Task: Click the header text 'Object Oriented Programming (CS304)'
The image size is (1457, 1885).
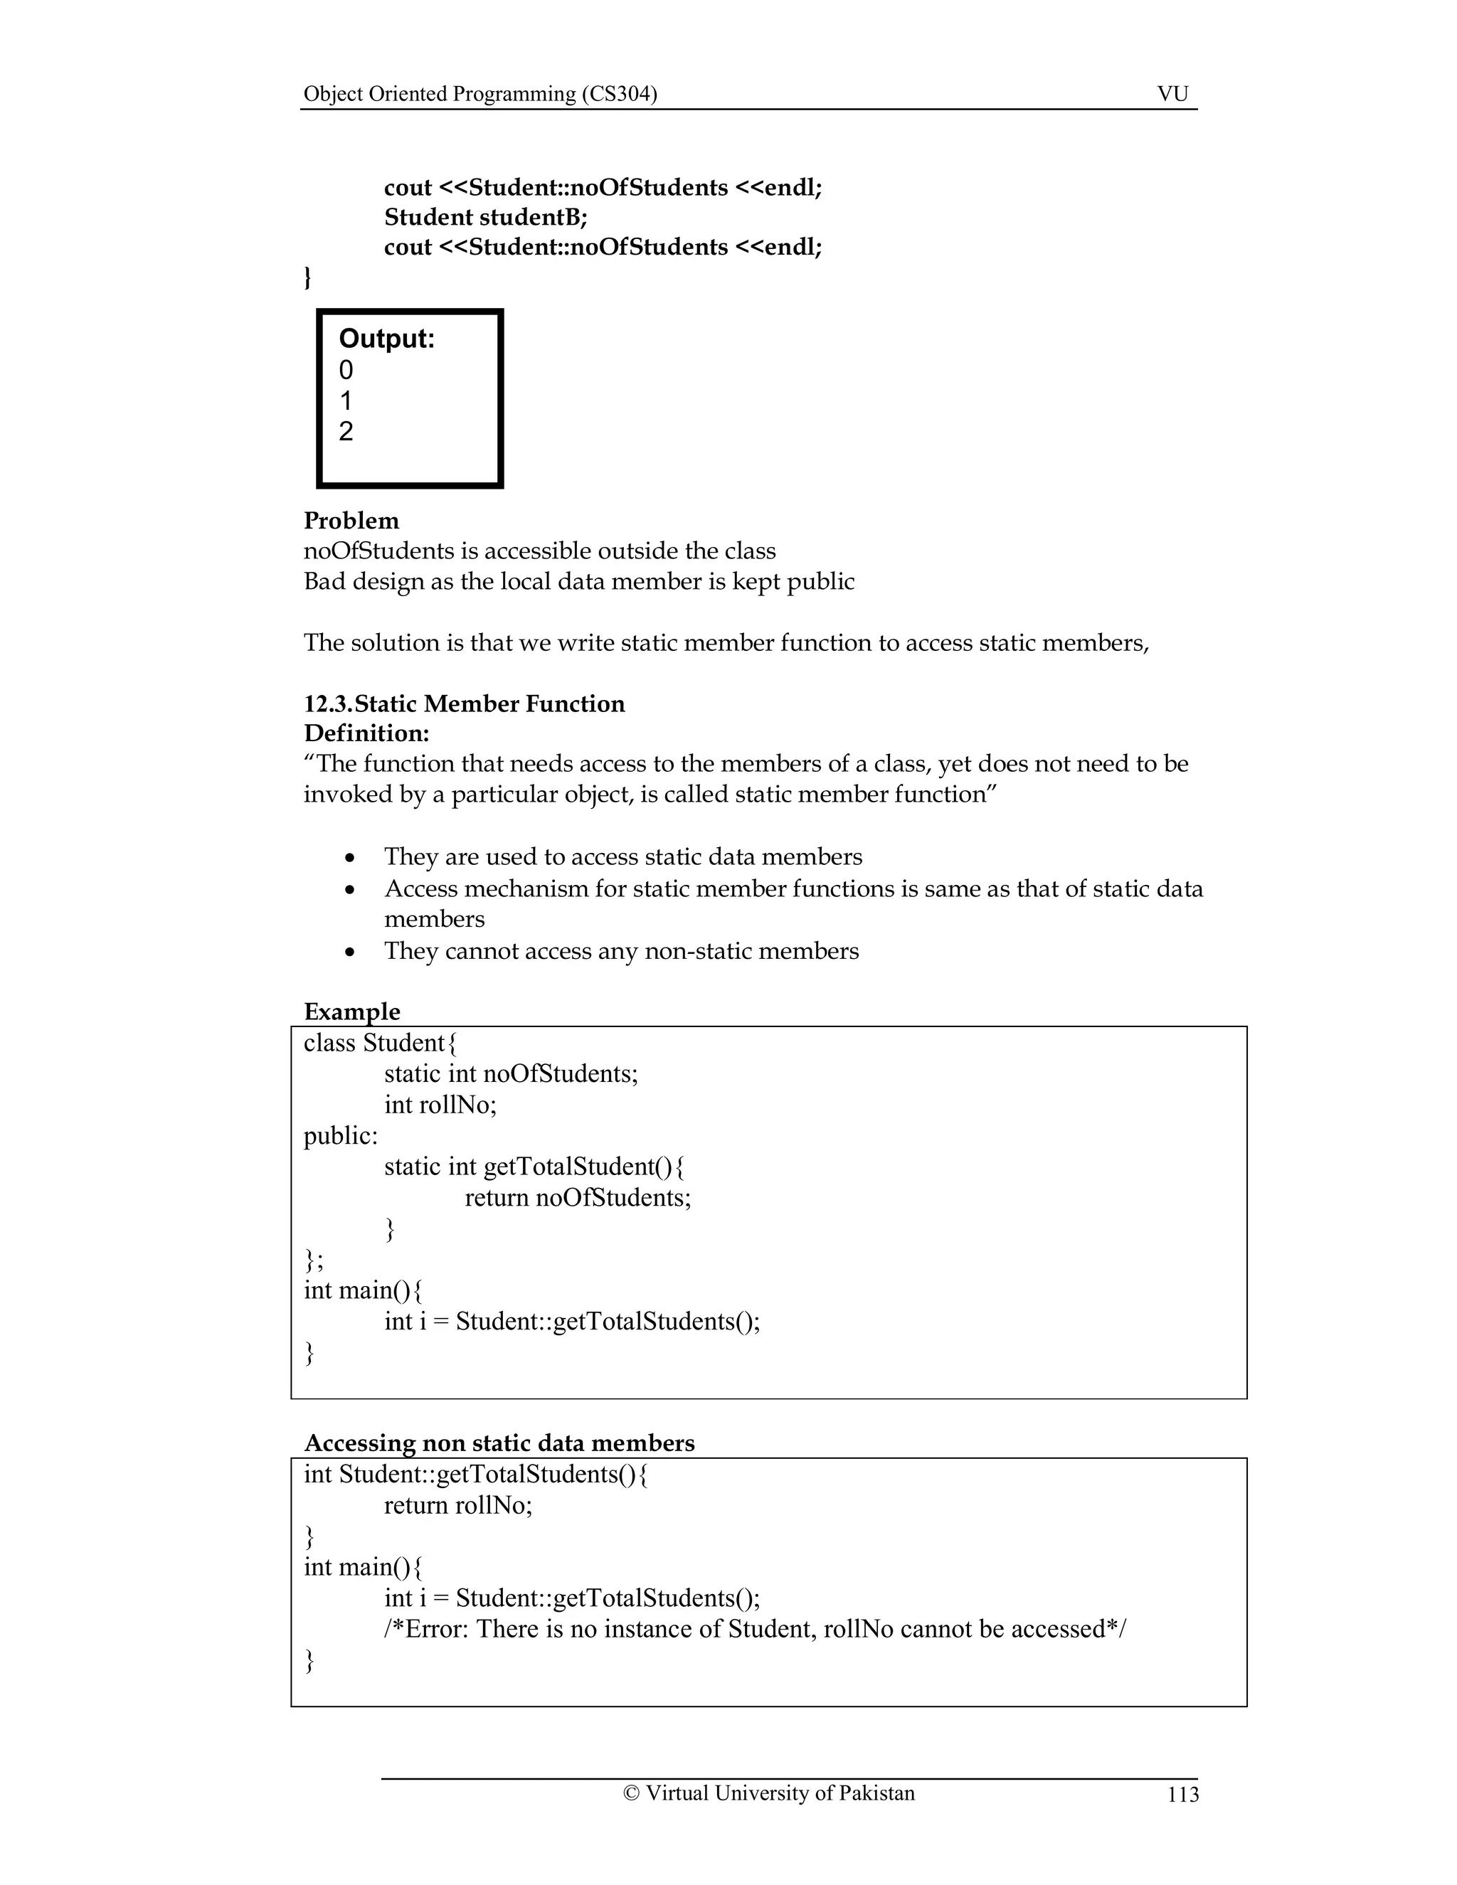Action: [x=480, y=94]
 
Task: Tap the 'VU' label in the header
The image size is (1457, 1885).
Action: [x=1172, y=94]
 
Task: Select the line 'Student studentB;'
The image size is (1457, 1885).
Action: [x=485, y=217]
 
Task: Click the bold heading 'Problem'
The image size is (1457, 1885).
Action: [x=351, y=521]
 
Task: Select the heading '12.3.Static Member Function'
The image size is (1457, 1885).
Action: [x=464, y=703]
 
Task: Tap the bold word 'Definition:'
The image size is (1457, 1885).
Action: [x=366, y=733]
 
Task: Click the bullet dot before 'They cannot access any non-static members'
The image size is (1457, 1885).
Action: [x=349, y=952]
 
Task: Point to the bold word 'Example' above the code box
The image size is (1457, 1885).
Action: [x=351, y=1011]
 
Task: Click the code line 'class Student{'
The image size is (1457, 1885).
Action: [x=380, y=1043]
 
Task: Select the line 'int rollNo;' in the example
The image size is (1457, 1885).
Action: [x=440, y=1105]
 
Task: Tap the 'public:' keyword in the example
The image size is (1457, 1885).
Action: [x=340, y=1136]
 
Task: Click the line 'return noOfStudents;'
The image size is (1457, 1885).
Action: [x=578, y=1198]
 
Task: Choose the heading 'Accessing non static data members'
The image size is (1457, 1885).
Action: [x=499, y=1443]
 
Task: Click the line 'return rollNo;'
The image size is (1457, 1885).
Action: [x=457, y=1505]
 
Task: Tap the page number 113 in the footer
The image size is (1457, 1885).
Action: [x=1182, y=1795]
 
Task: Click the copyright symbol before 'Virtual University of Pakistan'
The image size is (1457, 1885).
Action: [x=631, y=1793]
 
